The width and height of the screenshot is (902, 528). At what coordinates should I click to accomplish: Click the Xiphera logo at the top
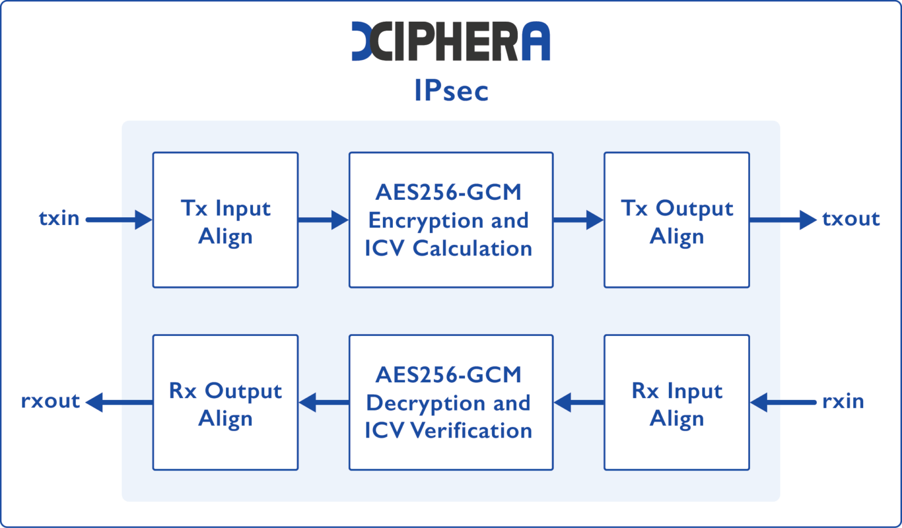(x=450, y=41)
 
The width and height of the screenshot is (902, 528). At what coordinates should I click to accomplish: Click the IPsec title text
(x=451, y=90)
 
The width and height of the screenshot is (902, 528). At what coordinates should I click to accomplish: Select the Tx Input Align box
(x=225, y=220)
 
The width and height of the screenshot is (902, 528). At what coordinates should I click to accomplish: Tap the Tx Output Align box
(x=676, y=220)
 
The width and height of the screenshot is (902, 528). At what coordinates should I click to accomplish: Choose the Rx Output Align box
(x=225, y=403)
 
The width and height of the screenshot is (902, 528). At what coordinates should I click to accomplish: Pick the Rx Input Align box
(x=676, y=403)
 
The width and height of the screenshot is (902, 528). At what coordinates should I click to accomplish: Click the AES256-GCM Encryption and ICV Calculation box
(x=450, y=220)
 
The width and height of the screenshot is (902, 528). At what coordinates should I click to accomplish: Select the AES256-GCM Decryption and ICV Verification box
(x=450, y=403)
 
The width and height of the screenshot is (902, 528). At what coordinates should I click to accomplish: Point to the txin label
(x=59, y=218)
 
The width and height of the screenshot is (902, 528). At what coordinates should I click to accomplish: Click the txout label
(x=851, y=219)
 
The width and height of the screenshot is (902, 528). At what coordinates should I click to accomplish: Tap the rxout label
(x=51, y=401)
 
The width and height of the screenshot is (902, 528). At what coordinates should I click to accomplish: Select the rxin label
(x=843, y=402)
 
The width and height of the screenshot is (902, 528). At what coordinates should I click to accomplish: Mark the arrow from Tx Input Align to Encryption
(x=323, y=220)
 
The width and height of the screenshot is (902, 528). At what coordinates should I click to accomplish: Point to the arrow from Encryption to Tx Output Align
(x=578, y=220)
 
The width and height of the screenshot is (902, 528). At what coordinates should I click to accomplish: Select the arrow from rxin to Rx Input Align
(x=783, y=403)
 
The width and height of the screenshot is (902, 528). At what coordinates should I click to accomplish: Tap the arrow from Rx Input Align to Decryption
(x=579, y=403)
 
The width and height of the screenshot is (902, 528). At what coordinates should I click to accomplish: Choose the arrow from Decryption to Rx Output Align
(x=324, y=403)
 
